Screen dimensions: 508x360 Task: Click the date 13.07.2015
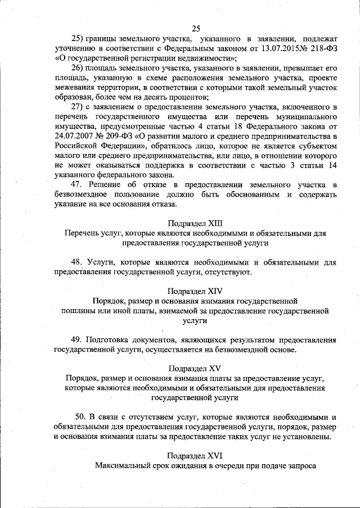[263, 49]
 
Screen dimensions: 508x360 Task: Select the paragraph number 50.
[81, 418]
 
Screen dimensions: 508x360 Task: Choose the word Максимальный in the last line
[123, 466]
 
